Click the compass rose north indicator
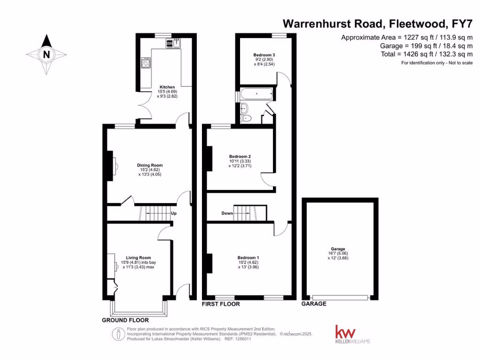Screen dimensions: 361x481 [46, 54]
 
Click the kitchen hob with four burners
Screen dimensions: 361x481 [146, 63]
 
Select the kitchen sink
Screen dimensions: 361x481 [172, 43]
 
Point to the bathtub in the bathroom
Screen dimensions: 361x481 [256, 94]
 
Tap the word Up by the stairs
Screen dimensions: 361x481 [174, 213]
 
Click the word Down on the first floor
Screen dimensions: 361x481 [227, 213]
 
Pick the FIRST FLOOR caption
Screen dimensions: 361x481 [221, 304]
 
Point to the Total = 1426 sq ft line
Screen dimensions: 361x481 [427, 54]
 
